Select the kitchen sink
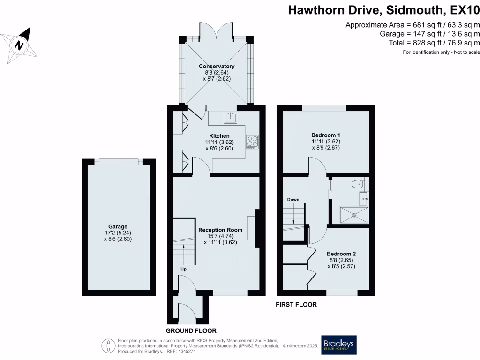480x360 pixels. pyautogui.click(x=230, y=117)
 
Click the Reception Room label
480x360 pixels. pyautogui.click(x=220, y=230)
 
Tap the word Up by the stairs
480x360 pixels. pyautogui.click(x=184, y=270)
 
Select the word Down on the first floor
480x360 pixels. pyautogui.click(x=293, y=200)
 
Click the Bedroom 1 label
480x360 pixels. pyautogui.click(x=326, y=135)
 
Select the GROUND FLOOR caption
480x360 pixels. pyautogui.click(x=187, y=330)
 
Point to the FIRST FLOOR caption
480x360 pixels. pyautogui.click(x=296, y=305)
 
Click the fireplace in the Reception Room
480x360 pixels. pyautogui.click(x=256, y=228)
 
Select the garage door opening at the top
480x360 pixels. pyautogui.click(x=119, y=162)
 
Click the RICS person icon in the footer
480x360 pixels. pyautogui.click(x=109, y=346)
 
